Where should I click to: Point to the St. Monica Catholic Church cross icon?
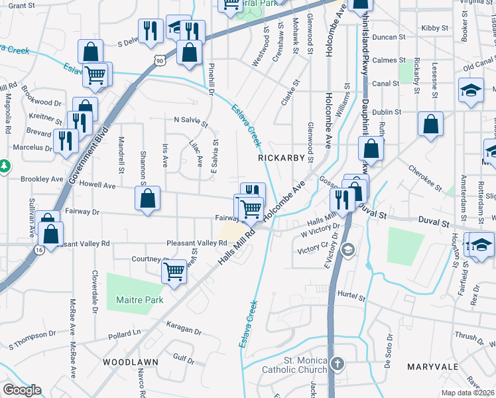(x=338, y=364)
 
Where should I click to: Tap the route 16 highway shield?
(x=40, y=248)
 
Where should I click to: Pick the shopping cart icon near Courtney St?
(x=174, y=269)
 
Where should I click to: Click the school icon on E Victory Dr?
(x=347, y=250)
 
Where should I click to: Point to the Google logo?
(x=22, y=390)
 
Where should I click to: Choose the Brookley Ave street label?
(x=42, y=179)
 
